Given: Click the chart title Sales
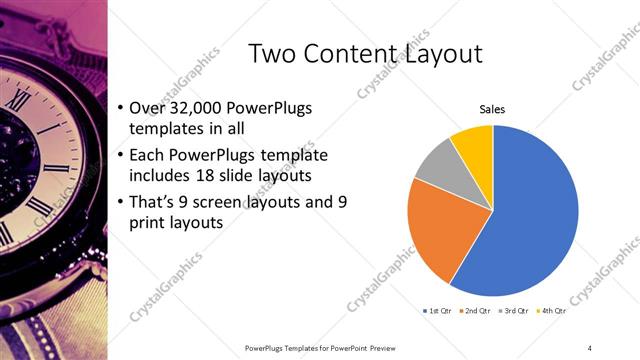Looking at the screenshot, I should click(x=492, y=109).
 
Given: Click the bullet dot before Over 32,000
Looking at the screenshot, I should click(x=120, y=108).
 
